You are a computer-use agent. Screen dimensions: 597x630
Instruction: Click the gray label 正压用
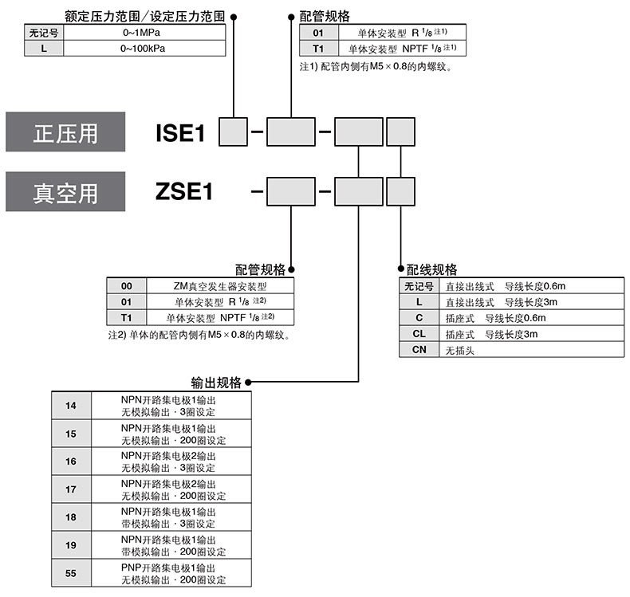[65, 132]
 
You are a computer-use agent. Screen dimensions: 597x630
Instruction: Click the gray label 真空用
[65, 192]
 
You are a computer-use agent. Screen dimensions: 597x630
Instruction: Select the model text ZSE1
[184, 192]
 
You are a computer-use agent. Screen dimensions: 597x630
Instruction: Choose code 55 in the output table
[71, 573]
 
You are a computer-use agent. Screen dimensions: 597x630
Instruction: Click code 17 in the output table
[71, 489]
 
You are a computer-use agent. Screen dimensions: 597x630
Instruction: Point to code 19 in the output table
[71, 545]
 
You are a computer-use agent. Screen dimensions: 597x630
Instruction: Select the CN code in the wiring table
[419, 350]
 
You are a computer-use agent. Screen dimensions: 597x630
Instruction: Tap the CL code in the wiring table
[419, 334]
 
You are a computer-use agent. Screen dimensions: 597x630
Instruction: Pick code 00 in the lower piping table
[127, 286]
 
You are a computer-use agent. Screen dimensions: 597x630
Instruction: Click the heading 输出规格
[216, 383]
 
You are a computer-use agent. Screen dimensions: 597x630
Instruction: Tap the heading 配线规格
[431, 269]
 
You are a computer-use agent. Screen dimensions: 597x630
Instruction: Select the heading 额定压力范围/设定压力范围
[144, 15]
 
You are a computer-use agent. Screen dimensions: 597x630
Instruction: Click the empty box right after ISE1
[232, 132]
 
